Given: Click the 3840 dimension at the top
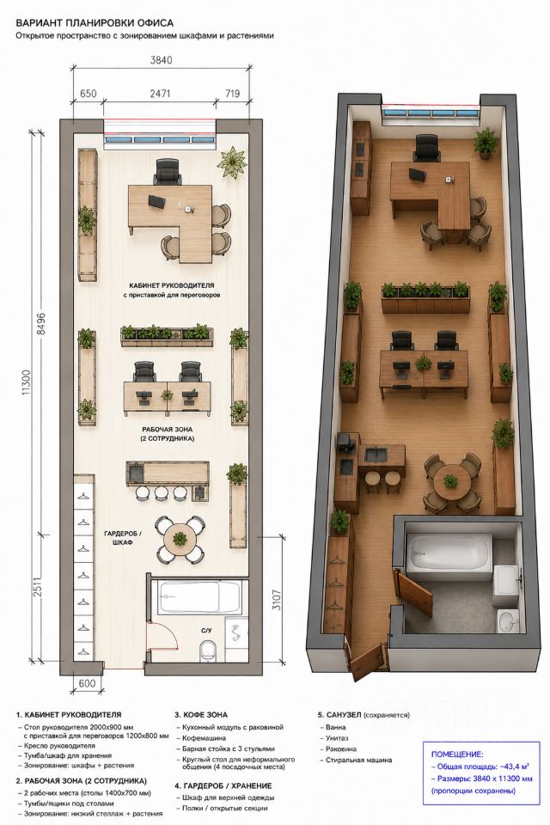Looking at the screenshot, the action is (x=161, y=60).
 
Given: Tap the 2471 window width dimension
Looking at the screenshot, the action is (x=160, y=94).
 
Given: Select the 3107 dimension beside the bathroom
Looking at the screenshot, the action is (x=277, y=600).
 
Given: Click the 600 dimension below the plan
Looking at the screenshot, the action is (x=87, y=683).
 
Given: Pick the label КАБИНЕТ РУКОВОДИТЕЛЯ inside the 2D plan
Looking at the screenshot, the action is (x=172, y=285).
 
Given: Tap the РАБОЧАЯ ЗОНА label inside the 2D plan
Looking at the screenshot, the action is (x=167, y=429).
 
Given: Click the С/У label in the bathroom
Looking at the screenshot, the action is (x=206, y=630).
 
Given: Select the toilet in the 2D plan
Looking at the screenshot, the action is (x=208, y=651).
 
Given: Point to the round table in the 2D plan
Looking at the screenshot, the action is (x=180, y=538).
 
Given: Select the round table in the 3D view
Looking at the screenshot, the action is (x=450, y=481).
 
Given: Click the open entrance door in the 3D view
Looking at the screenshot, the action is (x=368, y=657).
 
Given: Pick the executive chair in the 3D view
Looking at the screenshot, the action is (x=427, y=148).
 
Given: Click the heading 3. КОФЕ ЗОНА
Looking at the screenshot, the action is (x=201, y=714).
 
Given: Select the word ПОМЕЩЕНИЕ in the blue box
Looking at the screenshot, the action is (x=457, y=754).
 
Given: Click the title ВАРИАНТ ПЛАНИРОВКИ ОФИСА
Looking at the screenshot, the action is (x=95, y=23).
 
